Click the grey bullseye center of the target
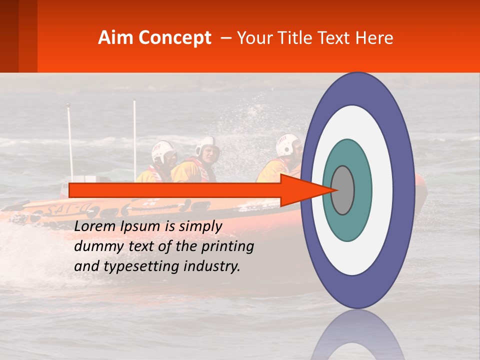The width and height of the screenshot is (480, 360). point(342,190)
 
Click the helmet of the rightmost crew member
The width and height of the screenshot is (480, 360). point(286,143)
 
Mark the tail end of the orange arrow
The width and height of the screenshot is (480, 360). point(71,190)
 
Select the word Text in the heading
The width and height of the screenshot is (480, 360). point(333,38)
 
